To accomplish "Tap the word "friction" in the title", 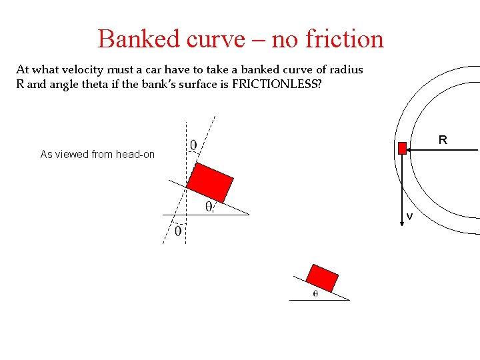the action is [x=344, y=39].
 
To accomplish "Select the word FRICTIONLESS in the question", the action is [x=275, y=85].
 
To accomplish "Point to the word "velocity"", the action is [x=83, y=69].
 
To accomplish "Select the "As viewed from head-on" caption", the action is [x=97, y=155].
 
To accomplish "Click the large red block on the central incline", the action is [x=210, y=181].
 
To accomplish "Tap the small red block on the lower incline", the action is [x=322, y=277].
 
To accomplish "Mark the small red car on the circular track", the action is [x=402, y=148].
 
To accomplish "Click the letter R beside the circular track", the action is [x=442, y=140].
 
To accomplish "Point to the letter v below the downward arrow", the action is [x=409, y=217].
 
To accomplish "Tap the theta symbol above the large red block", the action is [x=193, y=145].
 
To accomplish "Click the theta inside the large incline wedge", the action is [x=209, y=207].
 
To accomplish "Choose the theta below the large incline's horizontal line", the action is [x=178, y=231].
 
